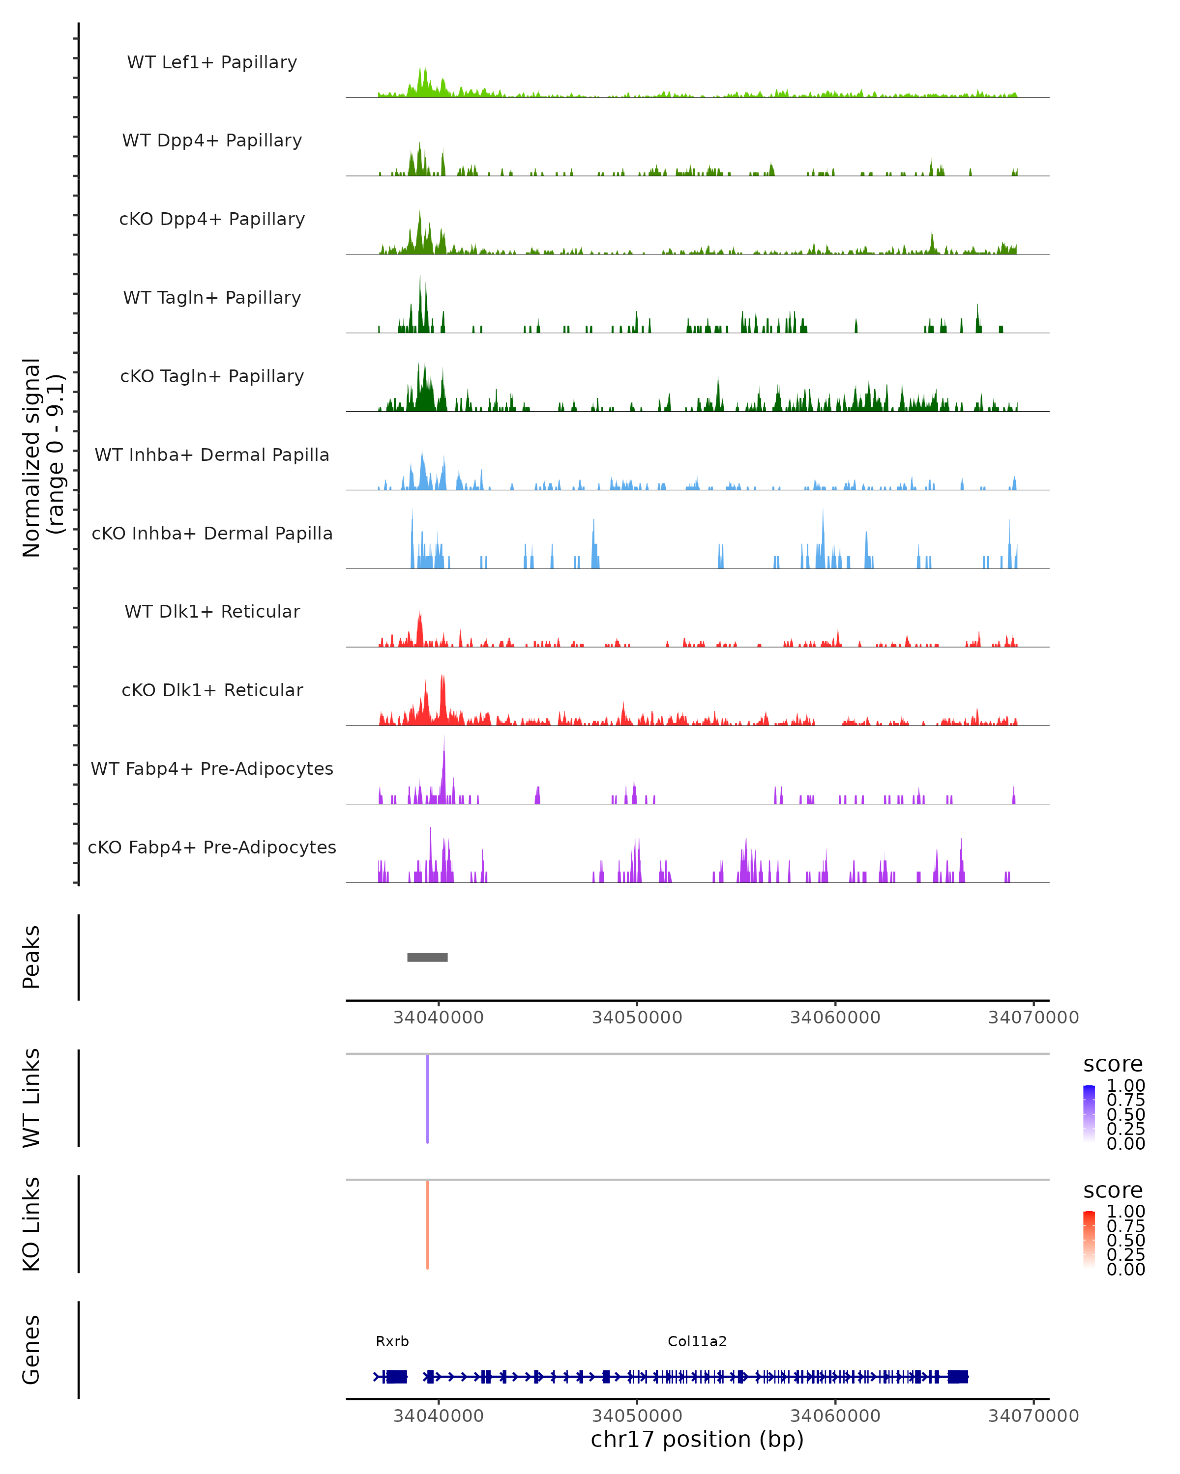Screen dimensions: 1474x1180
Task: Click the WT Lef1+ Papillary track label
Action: [212, 62]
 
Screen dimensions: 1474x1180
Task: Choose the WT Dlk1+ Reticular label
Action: [212, 611]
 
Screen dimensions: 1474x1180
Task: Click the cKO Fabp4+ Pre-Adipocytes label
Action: [212, 847]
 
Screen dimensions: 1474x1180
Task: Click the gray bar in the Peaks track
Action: [428, 957]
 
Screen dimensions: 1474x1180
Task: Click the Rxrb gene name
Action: [392, 1341]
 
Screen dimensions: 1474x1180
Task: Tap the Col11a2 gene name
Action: [697, 1341]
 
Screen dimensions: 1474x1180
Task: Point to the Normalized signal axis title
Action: [42, 457]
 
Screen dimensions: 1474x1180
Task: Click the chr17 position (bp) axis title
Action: [697, 1439]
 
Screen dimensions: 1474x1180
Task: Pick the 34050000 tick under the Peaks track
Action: [637, 1018]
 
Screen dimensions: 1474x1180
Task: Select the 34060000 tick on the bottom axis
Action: [835, 1415]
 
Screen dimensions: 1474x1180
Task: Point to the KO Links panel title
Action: [31, 1224]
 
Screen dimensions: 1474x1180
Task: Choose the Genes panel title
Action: [31, 1350]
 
